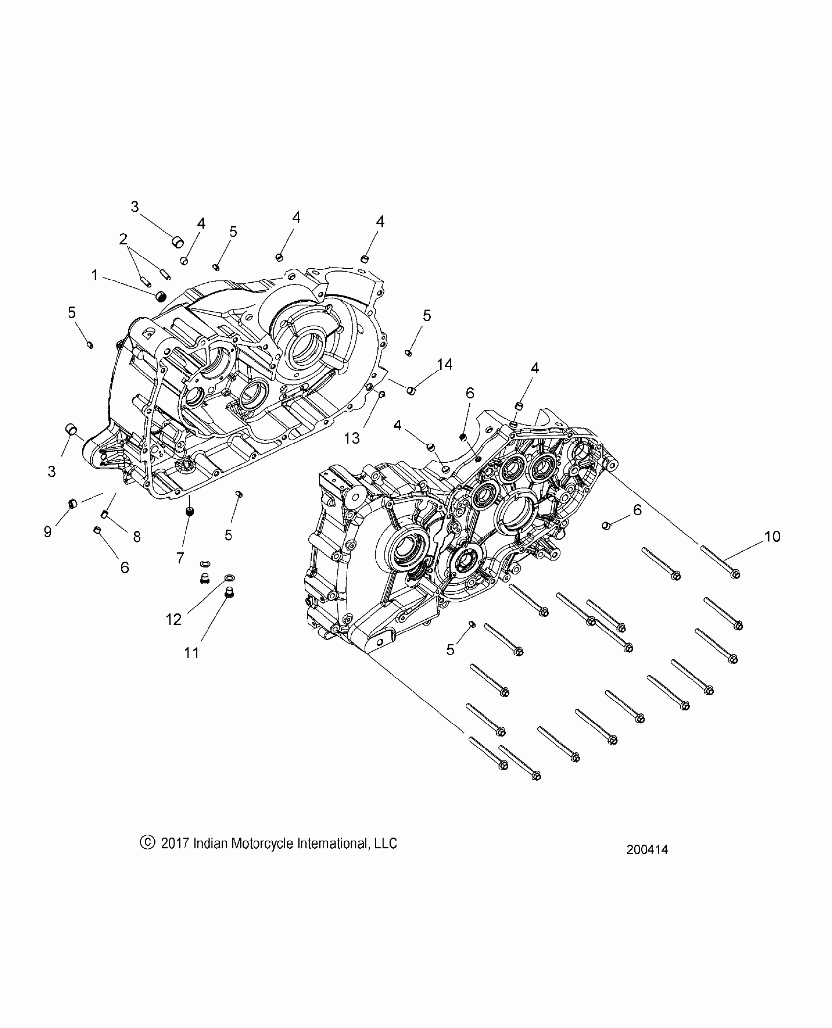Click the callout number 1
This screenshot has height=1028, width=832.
point(94,276)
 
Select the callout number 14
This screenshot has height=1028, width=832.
point(445,364)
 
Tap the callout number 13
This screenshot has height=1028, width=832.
point(352,438)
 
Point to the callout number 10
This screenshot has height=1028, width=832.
point(772,537)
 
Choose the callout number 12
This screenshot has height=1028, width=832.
point(174,619)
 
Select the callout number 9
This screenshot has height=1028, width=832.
point(47,532)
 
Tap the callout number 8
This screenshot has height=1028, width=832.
point(137,537)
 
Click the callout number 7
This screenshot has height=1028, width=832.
point(180,558)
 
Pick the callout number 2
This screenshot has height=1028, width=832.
point(123,239)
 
